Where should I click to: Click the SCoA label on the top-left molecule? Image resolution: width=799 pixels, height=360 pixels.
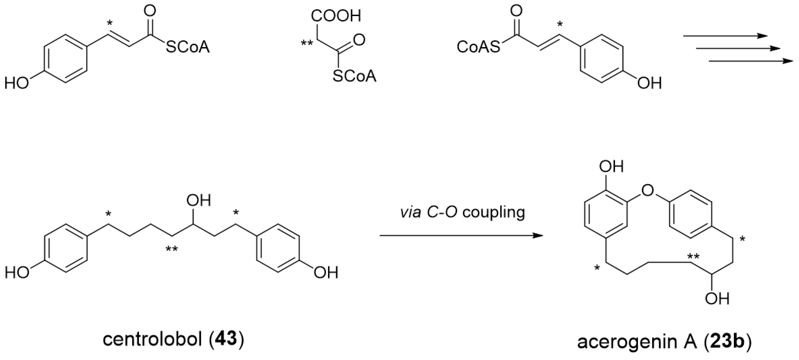pos(188,48)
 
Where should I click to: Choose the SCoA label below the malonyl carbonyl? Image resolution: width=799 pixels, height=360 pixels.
pos(355,76)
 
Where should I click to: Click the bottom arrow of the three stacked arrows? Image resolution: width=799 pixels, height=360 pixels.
pos(751,61)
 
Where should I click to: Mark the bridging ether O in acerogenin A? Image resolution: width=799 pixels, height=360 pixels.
pos(647,190)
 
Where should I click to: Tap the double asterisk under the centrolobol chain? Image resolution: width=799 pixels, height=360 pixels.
pos(172,249)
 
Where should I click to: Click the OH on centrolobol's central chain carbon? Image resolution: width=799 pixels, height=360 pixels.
pos(199,201)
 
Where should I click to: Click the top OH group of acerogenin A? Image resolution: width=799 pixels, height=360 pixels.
pos(611,167)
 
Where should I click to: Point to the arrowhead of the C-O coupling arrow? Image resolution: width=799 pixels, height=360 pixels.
pos(538,236)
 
